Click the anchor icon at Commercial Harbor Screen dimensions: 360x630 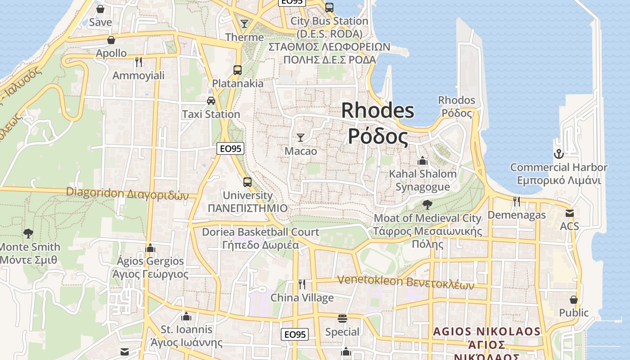click(x=558, y=154)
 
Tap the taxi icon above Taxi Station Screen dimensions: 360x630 click(x=211, y=100)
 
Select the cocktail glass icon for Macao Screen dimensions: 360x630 click(x=301, y=138)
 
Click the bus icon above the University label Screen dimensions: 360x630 click(x=247, y=182)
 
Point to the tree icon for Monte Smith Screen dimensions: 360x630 click(x=28, y=233)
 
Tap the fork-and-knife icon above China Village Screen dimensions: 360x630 click(x=302, y=284)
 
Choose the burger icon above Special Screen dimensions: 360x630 click(x=342, y=319)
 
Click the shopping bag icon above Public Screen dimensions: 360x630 click(x=573, y=299)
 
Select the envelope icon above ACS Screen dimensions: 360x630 click(x=570, y=213)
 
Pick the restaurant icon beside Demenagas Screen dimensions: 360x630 click(x=517, y=201)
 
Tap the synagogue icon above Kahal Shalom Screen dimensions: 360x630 click(x=423, y=161)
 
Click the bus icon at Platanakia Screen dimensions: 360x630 click(x=238, y=70)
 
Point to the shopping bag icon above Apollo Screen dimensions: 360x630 click(x=111, y=40)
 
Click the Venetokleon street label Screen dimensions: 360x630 click(x=405, y=282)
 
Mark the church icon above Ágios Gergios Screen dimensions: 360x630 click(x=150, y=248)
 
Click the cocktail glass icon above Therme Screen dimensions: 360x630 click(x=244, y=23)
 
